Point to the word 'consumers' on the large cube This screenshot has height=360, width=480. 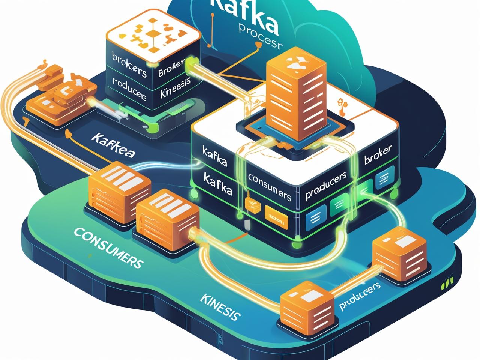(269, 187)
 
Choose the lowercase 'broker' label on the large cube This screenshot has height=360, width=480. (378, 155)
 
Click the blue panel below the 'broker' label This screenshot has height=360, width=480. (384, 180)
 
